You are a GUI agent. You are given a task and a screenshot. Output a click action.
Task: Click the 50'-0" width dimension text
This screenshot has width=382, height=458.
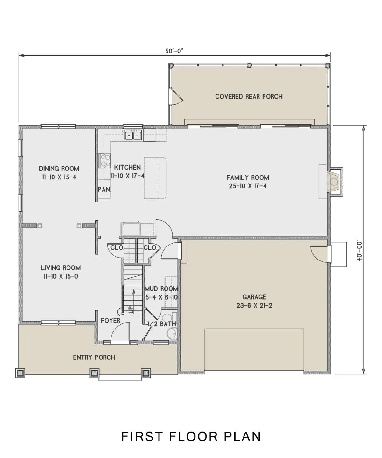pos(174,51)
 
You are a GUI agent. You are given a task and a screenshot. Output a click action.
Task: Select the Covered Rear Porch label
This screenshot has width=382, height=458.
pos(249,96)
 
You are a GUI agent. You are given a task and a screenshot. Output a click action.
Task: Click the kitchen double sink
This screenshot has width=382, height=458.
pos(133,135)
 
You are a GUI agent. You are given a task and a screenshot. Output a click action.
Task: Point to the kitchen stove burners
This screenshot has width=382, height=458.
pos(104,160)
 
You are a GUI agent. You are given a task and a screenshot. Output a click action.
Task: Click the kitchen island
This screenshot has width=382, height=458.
pos(155,178)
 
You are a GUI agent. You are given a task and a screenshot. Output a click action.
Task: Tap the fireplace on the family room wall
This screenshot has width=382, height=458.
pos(334,182)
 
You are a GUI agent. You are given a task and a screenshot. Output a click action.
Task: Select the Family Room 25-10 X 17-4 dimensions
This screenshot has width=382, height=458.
pos(248,186)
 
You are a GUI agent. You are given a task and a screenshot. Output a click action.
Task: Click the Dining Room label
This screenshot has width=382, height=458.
pos(59,169)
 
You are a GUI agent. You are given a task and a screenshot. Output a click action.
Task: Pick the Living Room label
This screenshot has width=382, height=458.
pos(61,267)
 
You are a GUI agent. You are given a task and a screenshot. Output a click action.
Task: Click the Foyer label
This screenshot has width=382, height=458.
pos(110,321)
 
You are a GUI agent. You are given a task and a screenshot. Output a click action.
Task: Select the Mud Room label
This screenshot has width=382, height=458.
pos(161,289)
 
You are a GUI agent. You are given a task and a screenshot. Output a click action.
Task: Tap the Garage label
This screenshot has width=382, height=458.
pos(254,297)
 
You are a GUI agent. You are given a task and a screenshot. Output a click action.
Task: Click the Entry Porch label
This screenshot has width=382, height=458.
pos(94,357)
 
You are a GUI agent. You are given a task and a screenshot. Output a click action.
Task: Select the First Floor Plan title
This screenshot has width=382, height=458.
pos(191,436)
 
